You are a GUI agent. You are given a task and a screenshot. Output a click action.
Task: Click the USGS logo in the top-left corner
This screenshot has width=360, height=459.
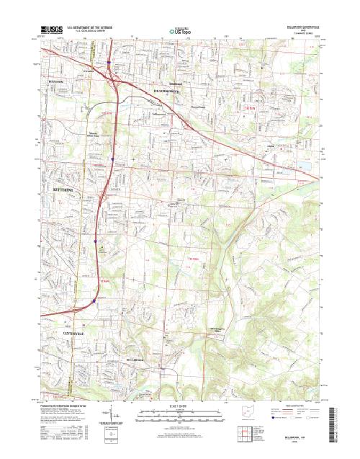coord(50,32)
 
